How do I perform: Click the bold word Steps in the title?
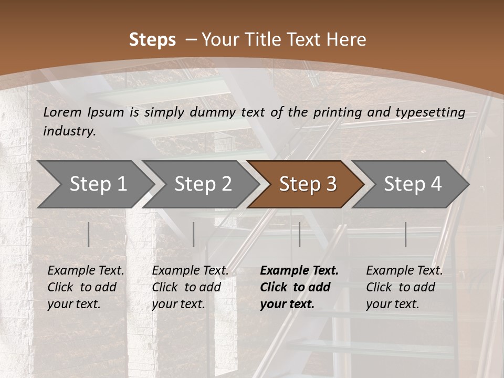point(152,40)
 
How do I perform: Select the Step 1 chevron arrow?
point(94,184)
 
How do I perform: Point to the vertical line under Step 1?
point(89,234)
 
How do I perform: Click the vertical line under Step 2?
point(194,234)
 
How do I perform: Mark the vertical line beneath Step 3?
point(299,234)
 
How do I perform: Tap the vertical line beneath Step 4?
point(405,234)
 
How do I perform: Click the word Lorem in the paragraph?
point(62,112)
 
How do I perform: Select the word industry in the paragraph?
point(69,131)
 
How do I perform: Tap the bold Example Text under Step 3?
point(299,270)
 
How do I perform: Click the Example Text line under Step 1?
point(86,270)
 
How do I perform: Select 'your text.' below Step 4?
point(392,304)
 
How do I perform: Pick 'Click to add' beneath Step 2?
point(186,287)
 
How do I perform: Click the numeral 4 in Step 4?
point(436,184)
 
